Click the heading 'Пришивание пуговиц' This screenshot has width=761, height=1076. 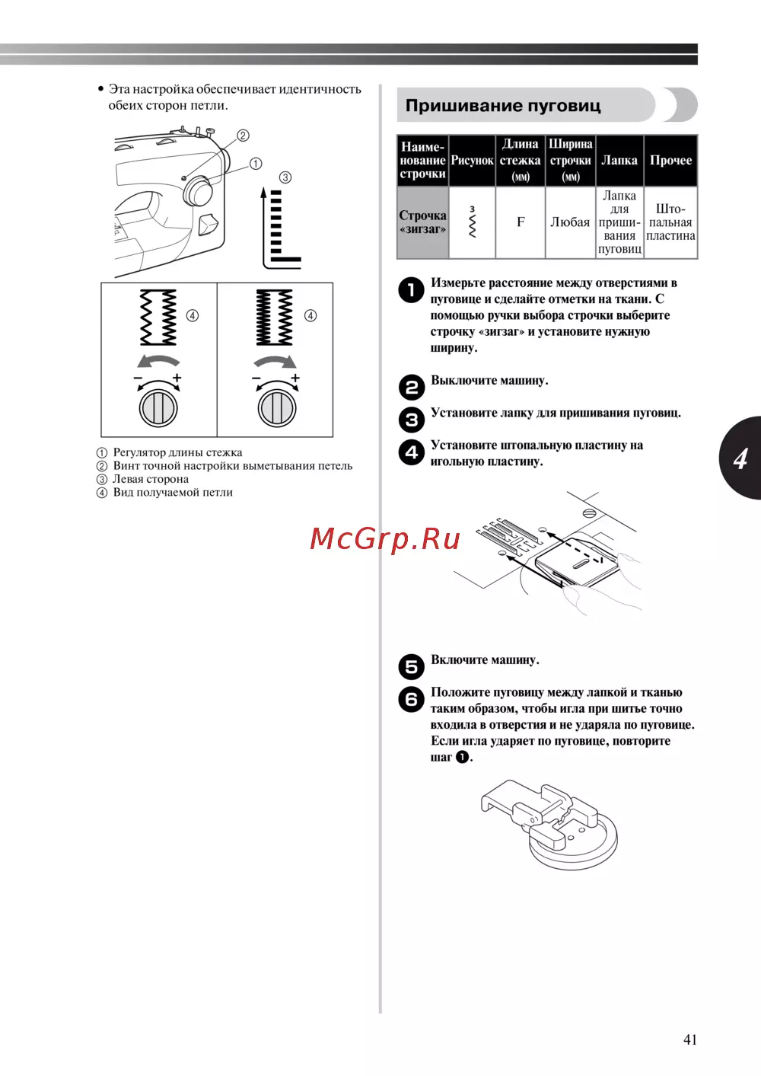503,106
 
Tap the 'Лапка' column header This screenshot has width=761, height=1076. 619,161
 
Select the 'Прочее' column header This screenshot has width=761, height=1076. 670,161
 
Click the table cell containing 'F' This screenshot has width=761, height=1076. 521,222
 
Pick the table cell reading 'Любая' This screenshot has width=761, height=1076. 570,222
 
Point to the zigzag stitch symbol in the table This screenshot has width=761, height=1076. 473,222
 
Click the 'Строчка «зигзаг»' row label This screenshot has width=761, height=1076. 422,222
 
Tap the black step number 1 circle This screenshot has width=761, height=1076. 412,289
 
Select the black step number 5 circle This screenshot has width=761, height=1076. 412,667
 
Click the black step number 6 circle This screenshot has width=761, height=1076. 412,699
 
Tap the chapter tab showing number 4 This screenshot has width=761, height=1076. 741,458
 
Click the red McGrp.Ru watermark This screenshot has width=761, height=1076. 385,539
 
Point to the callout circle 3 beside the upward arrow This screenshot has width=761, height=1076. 285,177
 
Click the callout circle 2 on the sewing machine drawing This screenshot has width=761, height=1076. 244,136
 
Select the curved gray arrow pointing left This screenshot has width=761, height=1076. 158,360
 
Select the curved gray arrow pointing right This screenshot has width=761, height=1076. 275,360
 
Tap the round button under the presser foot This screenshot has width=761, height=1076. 573,839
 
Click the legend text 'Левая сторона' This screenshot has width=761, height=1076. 150,479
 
